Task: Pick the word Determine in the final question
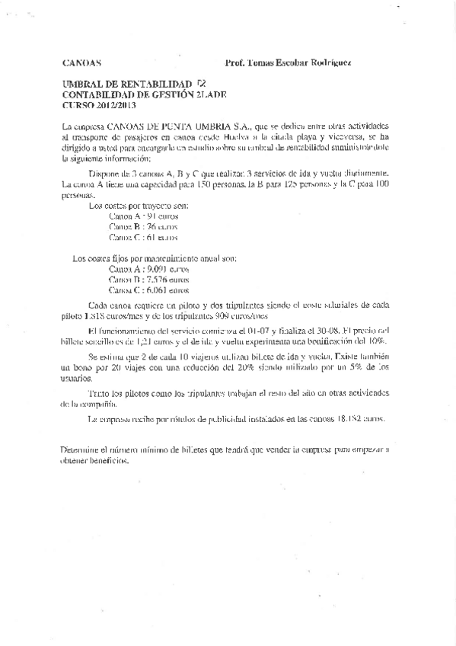click(x=82, y=449)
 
